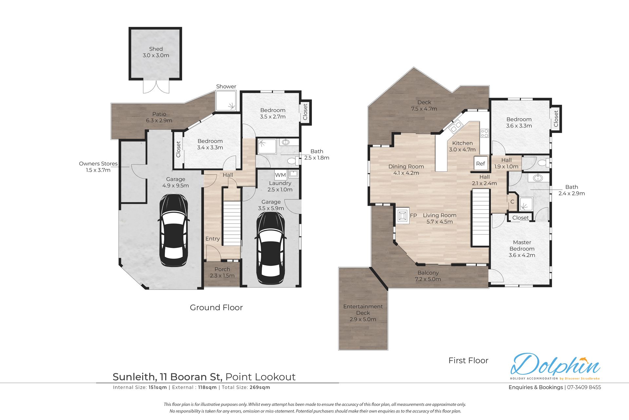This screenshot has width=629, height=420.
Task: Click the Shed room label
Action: tap(156, 49)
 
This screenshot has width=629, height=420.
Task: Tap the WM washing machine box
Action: tap(280, 175)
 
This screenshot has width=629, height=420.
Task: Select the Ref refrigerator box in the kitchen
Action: tap(481, 163)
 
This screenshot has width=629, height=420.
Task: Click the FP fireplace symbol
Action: tap(402, 216)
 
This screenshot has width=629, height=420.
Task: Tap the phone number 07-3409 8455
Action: tap(584, 387)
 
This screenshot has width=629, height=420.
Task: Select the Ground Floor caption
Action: tap(216, 308)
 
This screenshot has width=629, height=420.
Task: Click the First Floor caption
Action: tap(468, 360)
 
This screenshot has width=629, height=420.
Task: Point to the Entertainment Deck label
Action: tap(363, 310)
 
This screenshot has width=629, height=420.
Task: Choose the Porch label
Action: tap(222, 269)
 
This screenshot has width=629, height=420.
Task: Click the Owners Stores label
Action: tap(98, 163)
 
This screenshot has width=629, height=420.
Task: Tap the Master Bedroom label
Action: tap(522, 245)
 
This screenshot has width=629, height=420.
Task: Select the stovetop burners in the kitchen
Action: tap(485, 133)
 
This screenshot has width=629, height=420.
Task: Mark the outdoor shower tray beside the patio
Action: tap(226, 101)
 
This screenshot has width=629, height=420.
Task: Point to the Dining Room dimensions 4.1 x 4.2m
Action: tap(406, 173)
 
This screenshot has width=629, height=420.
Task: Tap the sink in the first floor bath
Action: tap(538, 178)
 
